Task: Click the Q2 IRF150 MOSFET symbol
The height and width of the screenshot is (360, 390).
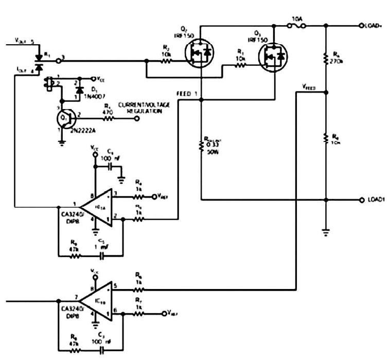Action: pos(199,53)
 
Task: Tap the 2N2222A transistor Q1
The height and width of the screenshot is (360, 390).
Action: pos(66,118)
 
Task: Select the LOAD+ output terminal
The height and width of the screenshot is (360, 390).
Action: pos(361,26)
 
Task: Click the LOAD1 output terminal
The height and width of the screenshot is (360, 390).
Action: pos(361,200)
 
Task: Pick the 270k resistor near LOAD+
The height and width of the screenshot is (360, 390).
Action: pos(326,58)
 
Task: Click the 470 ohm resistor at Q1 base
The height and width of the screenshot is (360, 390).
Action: pos(109,118)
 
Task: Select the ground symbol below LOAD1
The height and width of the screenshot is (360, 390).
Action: pos(326,231)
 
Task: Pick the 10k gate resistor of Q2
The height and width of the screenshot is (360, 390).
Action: pos(166,61)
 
